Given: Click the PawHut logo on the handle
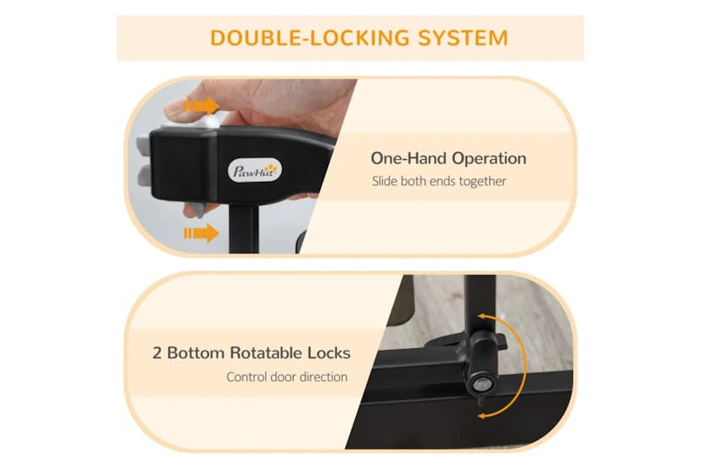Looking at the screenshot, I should coord(256,171).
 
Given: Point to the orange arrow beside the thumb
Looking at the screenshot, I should coord(201,106).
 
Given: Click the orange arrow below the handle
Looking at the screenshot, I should coord(200,232).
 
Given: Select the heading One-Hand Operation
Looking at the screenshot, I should coord(449,158).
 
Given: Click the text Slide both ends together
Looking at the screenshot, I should coord(439,181).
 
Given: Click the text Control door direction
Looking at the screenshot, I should coord(287,377).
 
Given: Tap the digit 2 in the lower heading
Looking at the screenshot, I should coord(157,353).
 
